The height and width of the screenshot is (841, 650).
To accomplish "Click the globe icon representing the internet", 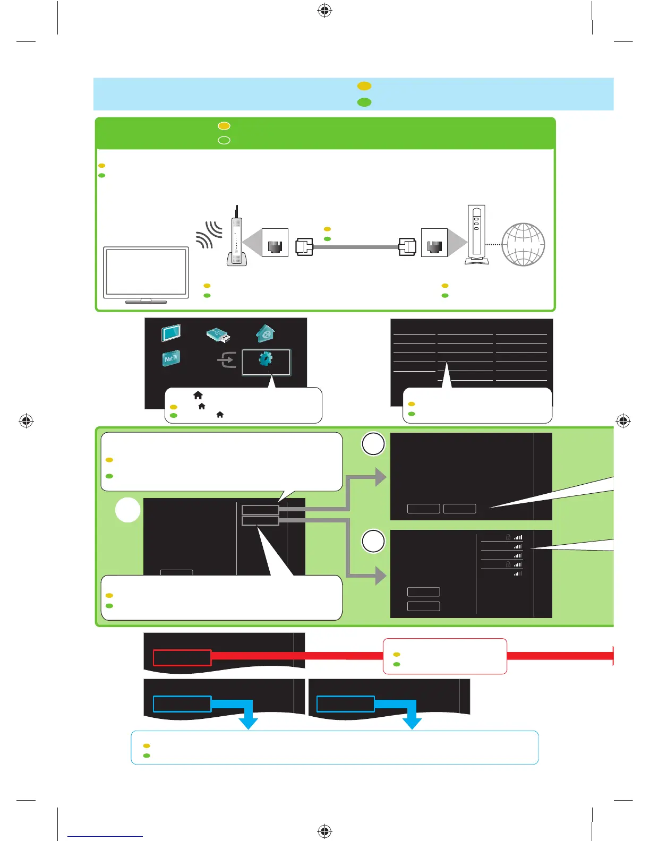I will pos(523,244).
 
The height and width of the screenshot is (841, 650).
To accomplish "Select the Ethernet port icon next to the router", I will pos(275,243).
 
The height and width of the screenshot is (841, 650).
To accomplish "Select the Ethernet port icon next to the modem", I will pos(434,243).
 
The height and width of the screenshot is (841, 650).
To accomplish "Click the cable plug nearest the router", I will pos(304,247).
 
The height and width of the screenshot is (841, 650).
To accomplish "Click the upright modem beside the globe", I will pos(476,235).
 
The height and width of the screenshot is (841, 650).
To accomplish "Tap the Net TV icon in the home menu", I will pos(170,358).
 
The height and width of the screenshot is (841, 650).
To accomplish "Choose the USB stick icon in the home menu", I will pos(218,335).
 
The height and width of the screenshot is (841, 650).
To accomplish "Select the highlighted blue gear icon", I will pos(266,359).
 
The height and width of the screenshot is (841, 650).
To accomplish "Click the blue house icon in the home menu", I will pos(266,333).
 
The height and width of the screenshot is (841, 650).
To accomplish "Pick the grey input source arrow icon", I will pos(227,361).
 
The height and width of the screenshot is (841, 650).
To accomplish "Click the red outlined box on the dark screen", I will pos(182,657).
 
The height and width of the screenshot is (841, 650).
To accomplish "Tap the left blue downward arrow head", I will pos(248,723).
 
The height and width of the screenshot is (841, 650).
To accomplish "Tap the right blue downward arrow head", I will pos(412,723).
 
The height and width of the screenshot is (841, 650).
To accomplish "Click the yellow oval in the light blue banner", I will pos(364,86).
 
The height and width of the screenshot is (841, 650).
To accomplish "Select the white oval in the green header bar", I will pos(224,140).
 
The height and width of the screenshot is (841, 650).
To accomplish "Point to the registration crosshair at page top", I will pos(324,11).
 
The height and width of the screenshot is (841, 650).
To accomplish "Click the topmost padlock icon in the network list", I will pos(508,537).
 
